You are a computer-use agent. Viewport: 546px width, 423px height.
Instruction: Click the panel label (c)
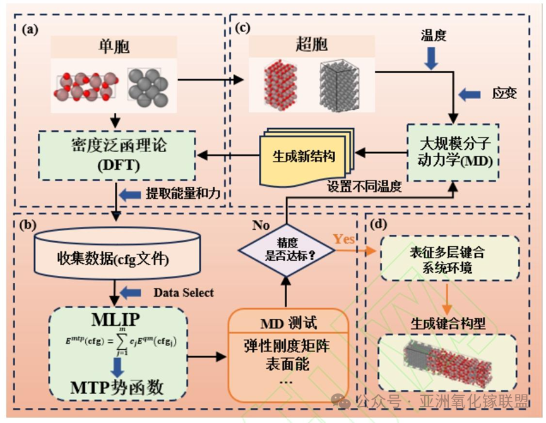244,28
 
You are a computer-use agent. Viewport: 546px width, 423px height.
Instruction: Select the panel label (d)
381,224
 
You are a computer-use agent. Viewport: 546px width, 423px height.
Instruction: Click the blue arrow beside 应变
471,94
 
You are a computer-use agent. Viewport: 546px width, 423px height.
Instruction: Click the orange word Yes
344,238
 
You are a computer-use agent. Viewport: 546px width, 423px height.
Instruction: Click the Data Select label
184,292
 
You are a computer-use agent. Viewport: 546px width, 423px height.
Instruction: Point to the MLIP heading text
117,318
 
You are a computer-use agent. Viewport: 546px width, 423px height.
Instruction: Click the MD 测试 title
287,323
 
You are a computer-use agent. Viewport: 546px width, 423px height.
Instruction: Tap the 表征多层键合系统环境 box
449,259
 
